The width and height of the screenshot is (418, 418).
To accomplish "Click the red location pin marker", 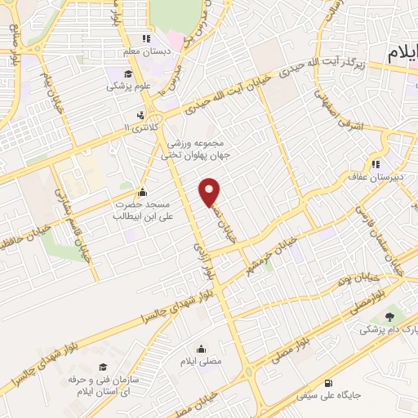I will click(x=211, y=191).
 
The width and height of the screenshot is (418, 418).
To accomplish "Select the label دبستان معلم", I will click(x=146, y=51).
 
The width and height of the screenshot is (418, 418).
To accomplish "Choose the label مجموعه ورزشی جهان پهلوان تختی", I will click(x=204, y=149).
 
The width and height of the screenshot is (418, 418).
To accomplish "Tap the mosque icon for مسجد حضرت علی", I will click(x=143, y=193).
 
